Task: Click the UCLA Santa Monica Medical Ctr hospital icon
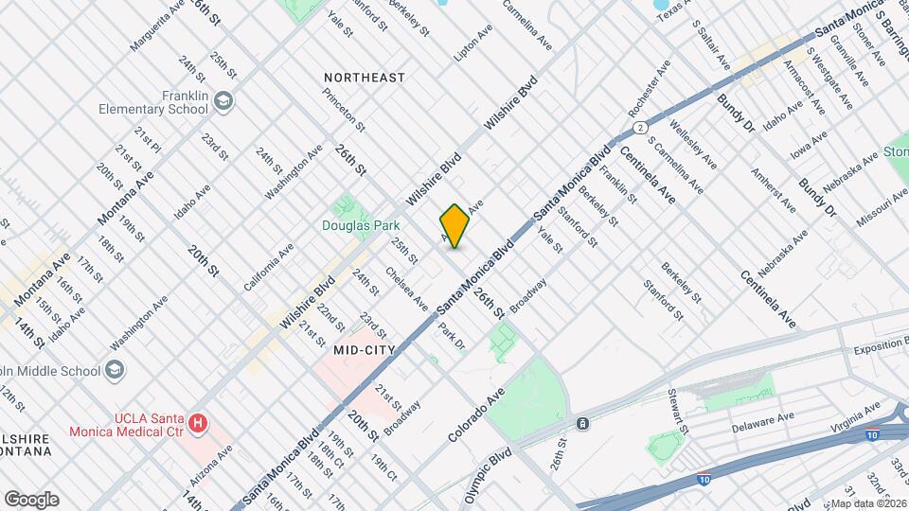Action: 198,422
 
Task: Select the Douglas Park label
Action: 362,225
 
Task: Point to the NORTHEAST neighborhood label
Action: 364,77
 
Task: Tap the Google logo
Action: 31,499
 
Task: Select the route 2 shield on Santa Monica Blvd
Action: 641,127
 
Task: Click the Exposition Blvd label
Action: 880,349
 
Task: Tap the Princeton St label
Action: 343,109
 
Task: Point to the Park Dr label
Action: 452,337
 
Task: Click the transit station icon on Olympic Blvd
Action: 581,422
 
